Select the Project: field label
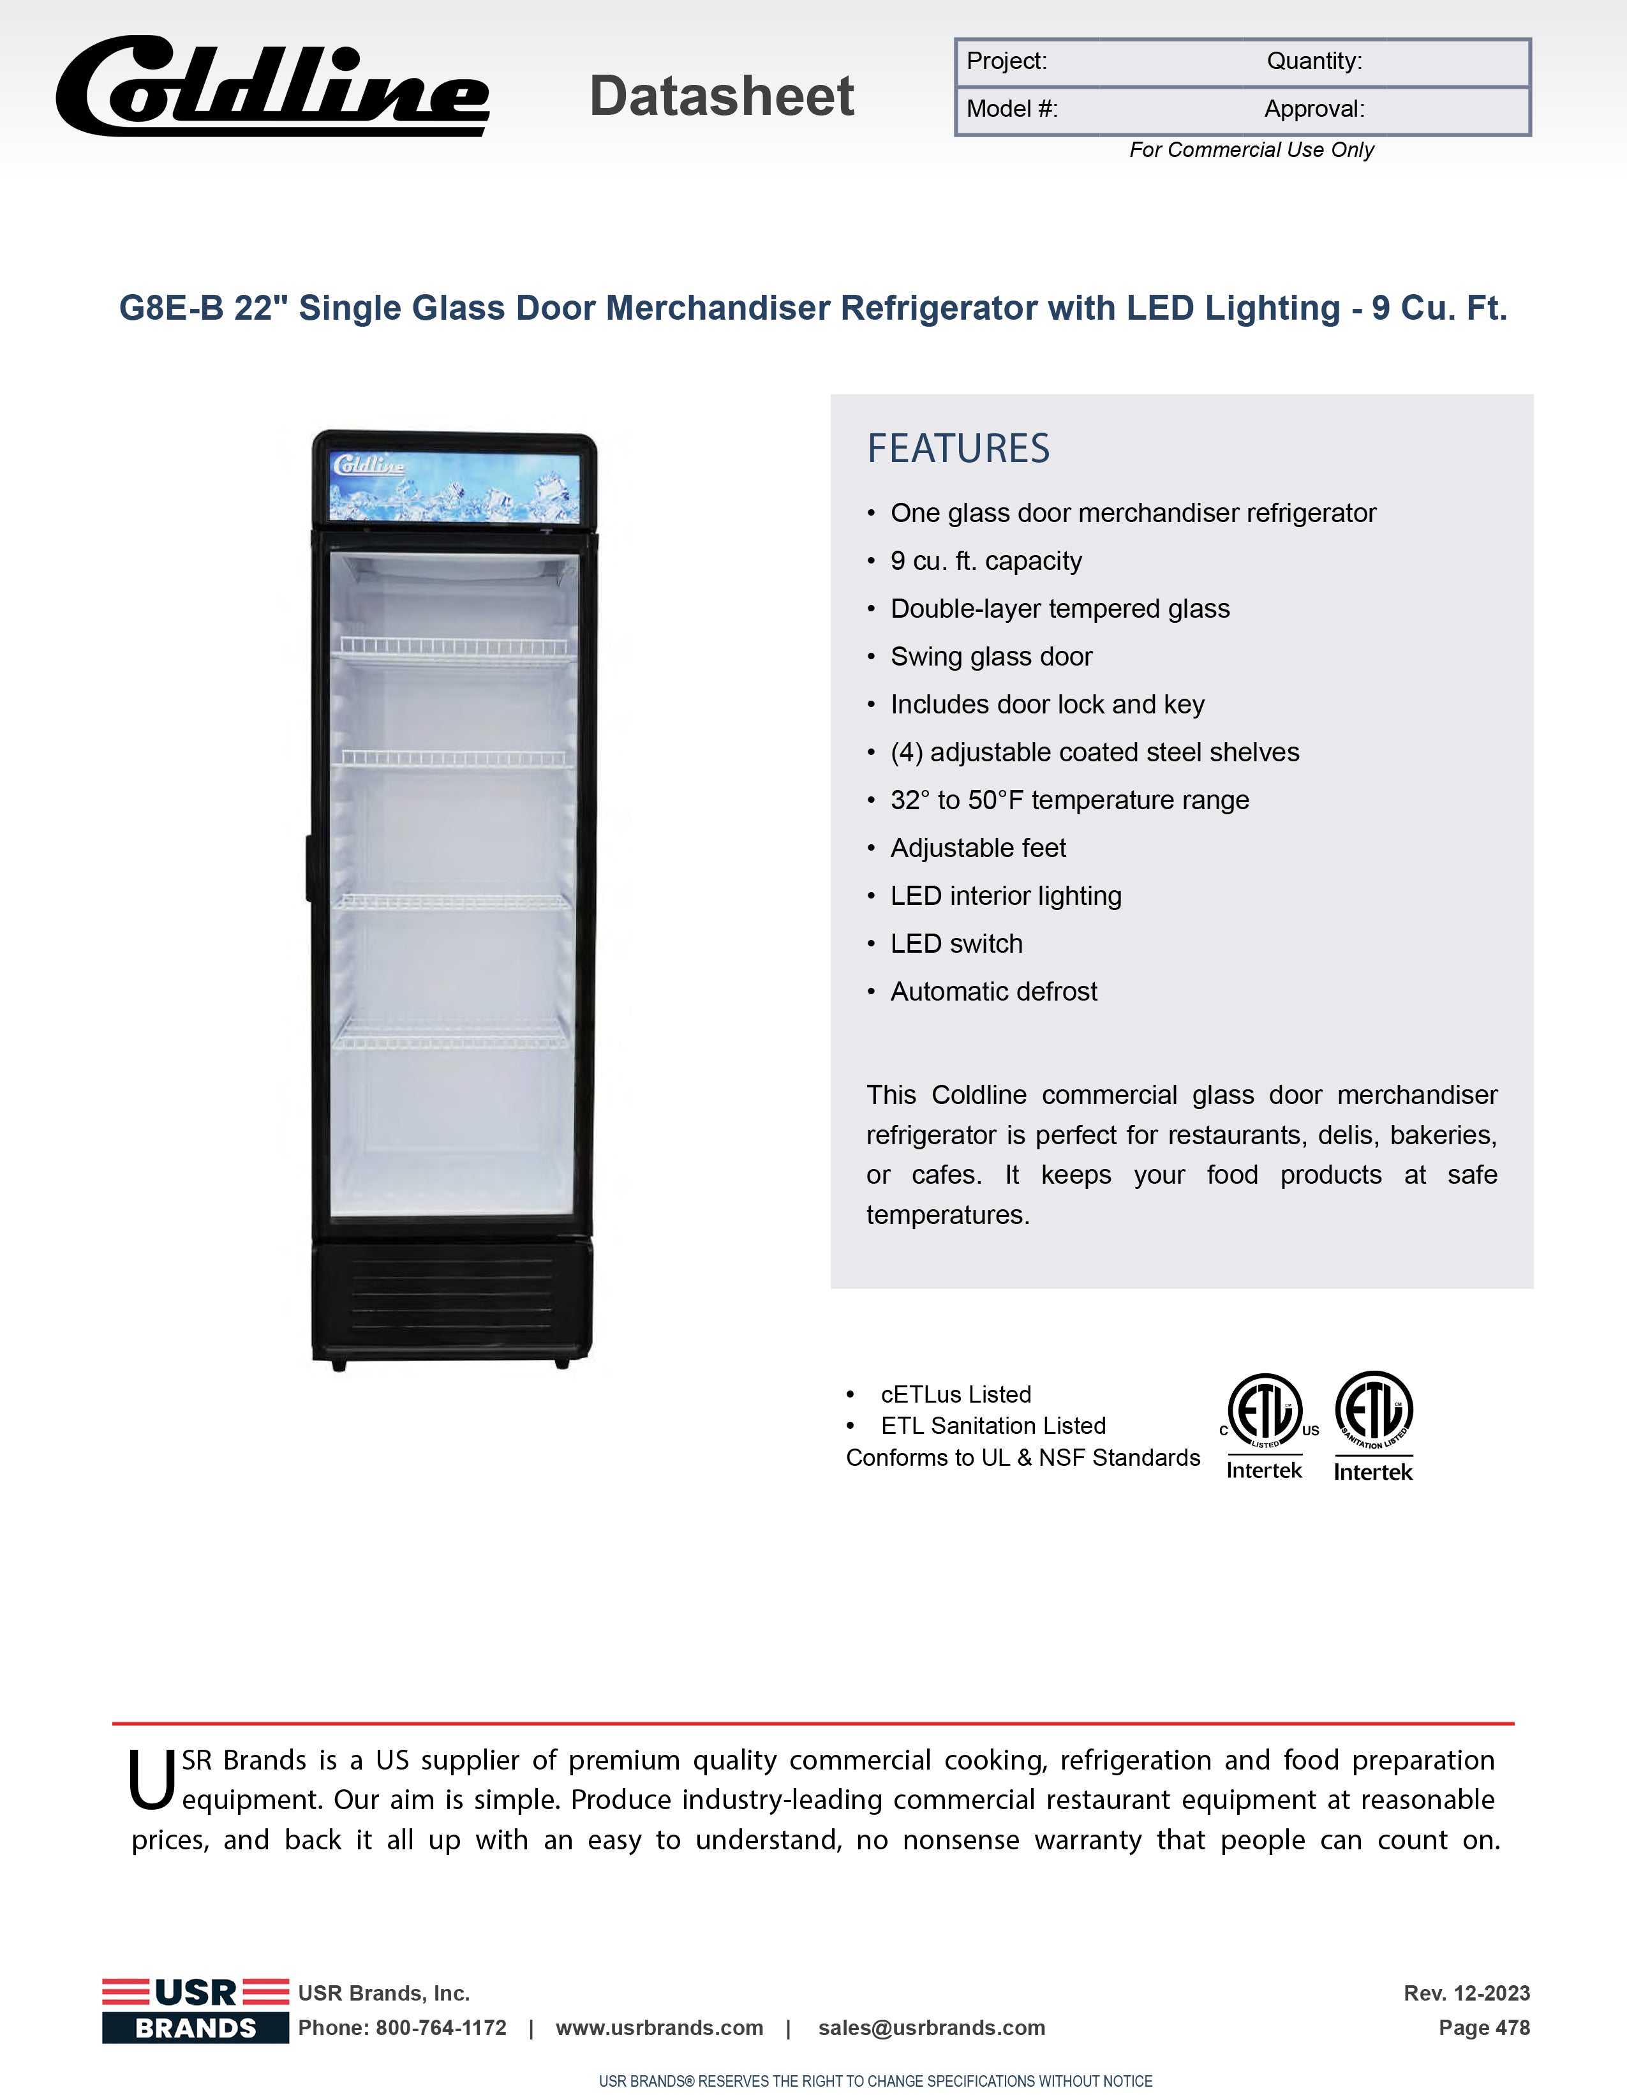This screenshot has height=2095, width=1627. [1006, 61]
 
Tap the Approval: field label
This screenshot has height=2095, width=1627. [1313, 109]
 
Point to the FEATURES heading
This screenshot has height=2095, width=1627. [958, 449]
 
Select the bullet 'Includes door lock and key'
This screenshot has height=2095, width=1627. [1046, 705]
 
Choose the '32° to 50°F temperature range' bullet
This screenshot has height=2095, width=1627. [1069, 801]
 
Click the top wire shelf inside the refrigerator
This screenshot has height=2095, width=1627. [453, 648]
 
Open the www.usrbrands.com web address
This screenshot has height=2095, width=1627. [659, 2028]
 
